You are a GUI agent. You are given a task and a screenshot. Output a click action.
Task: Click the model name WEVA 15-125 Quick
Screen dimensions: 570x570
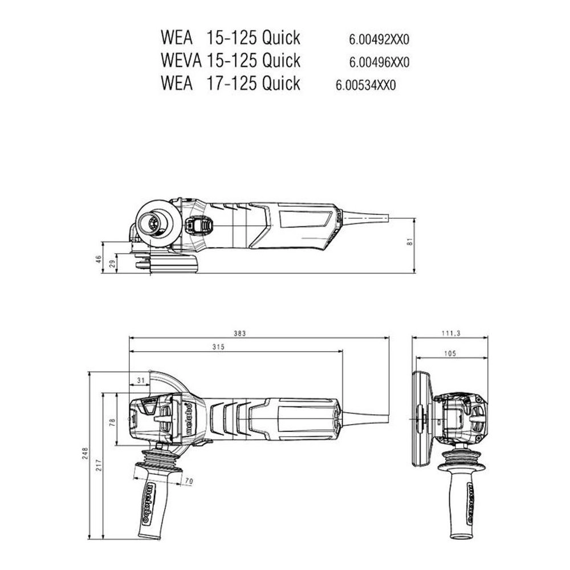point(230,60)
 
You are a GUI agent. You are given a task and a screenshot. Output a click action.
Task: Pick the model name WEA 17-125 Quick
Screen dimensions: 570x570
point(230,83)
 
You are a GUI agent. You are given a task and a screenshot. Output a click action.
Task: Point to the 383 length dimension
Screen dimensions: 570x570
point(239,333)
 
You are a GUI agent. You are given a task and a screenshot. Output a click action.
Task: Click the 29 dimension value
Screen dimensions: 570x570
point(112,263)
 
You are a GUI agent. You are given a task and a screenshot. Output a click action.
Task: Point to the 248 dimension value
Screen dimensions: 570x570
point(85,454)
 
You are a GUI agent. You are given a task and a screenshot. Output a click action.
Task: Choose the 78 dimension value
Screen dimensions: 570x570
point(112,422)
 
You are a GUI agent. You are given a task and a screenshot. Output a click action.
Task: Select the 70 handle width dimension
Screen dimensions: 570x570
point(189,482)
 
